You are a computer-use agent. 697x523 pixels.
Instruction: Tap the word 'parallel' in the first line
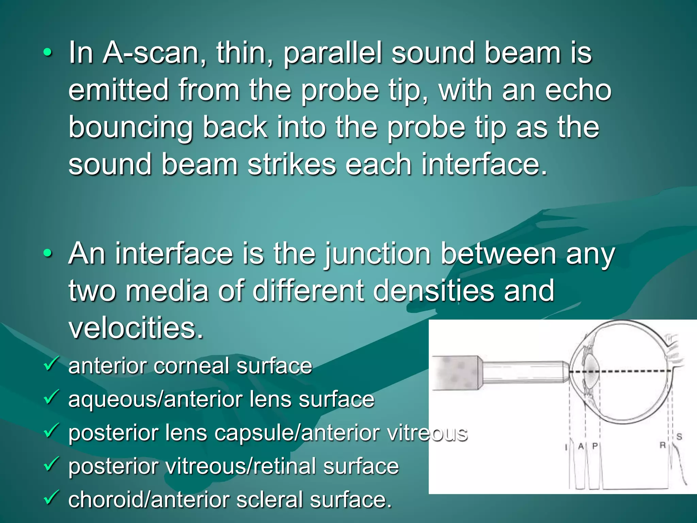point(333,54)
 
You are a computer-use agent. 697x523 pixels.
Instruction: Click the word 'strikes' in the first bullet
point(292,165)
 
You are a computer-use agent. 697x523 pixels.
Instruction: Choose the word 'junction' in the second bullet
point(378,255)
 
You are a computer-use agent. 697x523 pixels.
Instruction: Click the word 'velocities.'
point(136,328)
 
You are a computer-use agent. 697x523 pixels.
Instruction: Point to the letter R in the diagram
point(663,445)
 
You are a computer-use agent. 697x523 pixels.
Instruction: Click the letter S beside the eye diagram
point(679,437)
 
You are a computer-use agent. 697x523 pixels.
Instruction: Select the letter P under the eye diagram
point(595,446)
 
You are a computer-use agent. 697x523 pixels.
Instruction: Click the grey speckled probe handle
point(456,373)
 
